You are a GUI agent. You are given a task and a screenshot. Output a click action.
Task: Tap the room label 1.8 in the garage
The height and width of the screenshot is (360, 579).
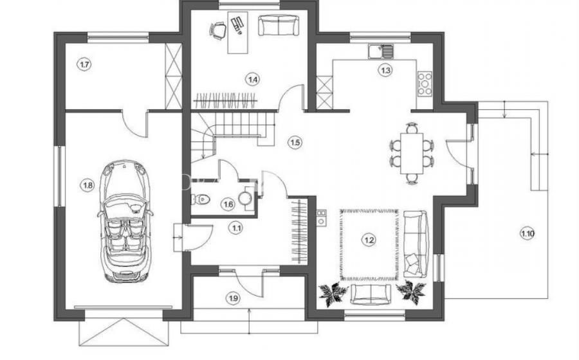(x=88, y=185)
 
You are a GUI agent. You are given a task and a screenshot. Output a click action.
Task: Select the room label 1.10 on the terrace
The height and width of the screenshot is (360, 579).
(x=528, y=233)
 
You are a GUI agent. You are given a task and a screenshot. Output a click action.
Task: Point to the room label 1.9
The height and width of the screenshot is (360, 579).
(x=234, y=298)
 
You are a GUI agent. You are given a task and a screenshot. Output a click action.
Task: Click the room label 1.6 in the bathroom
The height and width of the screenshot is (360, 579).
(x=228, y=204)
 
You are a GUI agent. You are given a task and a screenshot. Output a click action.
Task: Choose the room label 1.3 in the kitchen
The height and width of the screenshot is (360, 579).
(x=385, y=70)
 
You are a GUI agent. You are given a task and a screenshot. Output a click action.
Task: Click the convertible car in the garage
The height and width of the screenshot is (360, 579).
(x=125, y=221)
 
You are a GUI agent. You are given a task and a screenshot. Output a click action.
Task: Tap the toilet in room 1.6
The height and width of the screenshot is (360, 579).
(x=201, y=199)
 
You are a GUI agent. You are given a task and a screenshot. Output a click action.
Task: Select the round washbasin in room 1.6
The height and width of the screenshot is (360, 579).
(x=246, y=198)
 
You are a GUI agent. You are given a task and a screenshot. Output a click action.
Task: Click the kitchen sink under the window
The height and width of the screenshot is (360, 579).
(x=381, y=51)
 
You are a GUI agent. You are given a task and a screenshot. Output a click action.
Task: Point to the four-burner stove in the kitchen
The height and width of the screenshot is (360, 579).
(x=425, y=84)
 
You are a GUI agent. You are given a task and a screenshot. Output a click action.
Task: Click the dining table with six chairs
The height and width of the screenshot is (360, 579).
(x=412, y=153)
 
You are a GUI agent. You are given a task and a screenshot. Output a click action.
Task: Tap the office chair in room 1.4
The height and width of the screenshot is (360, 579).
(x=218, y=30)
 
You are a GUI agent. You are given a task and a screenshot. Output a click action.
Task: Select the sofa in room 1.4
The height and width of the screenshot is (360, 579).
(x=278, y=26)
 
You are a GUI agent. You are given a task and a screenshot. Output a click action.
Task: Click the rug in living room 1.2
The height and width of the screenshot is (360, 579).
(x=369, y=244)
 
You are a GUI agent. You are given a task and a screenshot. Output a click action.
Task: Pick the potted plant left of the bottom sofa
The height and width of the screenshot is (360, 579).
(x=333, y=292)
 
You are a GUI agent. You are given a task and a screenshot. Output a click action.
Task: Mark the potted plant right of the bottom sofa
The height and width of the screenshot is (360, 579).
(x=410, y=289)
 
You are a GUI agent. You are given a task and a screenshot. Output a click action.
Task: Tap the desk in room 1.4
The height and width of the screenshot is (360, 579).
(x=237, y=32)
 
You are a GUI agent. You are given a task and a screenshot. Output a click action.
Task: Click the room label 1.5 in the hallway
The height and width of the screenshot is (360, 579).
(x=295, y=142)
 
